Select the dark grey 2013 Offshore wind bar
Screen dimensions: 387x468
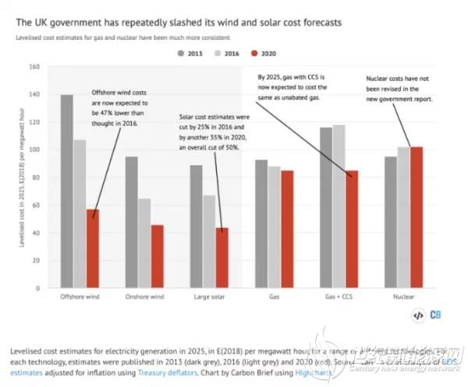click(67, 192)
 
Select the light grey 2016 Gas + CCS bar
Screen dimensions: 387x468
click(339, 207)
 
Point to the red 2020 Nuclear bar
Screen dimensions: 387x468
click(417, 218)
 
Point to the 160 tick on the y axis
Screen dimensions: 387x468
click(34, 66)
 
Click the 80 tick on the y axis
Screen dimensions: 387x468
click(35, 178)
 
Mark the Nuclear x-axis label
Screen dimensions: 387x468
click(405, 298)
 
